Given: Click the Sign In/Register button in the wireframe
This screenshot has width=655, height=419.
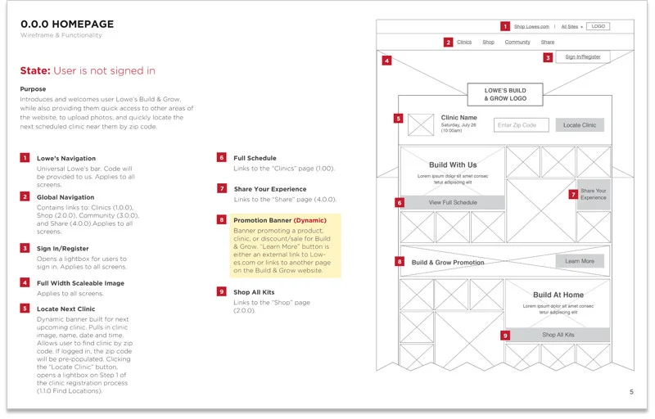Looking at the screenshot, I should pos(582,57).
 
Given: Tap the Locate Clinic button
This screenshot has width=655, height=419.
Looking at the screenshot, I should pos(580,125).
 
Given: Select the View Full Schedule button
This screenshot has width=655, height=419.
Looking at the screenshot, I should pos(453,202).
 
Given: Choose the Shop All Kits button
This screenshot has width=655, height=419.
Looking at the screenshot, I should pos(558,335).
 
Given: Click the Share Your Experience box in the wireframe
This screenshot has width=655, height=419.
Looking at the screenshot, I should pos(594,195).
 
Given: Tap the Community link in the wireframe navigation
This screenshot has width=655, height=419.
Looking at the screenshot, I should pos(517,42).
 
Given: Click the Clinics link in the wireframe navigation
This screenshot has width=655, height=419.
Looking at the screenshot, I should pos(464,42).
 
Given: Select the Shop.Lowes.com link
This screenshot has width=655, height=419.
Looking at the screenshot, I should pos(531,27).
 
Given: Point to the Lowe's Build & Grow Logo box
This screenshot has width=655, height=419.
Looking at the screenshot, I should pos(504,94).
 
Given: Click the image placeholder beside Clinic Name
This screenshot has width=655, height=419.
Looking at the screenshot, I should pos(420,125).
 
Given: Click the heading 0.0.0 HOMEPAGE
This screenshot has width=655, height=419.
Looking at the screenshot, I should pos(67,24).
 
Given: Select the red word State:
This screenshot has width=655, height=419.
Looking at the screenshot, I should pos(35,71).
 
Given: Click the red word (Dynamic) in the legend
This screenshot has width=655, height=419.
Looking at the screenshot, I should pos(309,220).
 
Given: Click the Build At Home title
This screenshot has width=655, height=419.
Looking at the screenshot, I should pos(558,295).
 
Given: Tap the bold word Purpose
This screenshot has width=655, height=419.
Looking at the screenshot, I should pos(33,89).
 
